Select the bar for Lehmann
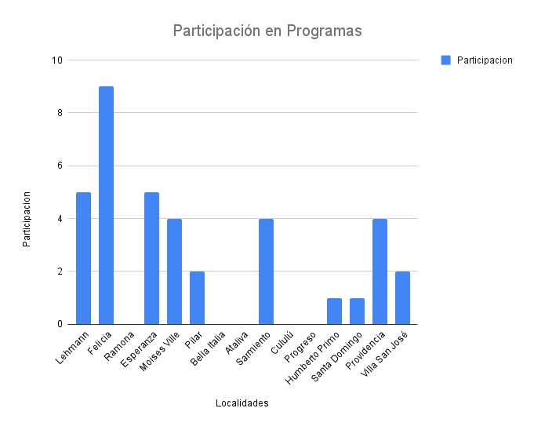[x=83, y=258]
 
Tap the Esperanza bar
[x=151, y=258]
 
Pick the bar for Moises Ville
[x=174, y=271]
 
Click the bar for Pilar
[x=197, y=298]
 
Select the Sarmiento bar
[x=266, y=271]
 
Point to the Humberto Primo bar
[x=334, y=312]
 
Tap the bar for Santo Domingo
[x=357, y=312]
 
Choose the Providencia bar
[x=380, y=271]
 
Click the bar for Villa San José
[x=402, y=298]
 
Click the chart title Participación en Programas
[x=267, y=31]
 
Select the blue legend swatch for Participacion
[x=445, y=60]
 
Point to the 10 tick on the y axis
[x=57, y=60]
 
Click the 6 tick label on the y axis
[x=60, y=166]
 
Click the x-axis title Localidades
[x=242, y=403]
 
